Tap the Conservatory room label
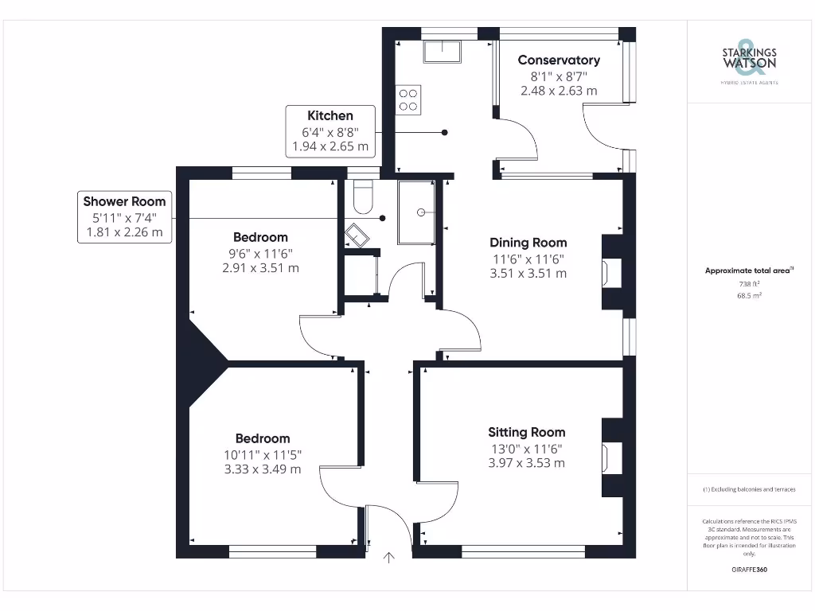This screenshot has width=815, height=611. click(559, 60)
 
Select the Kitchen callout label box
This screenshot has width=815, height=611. click(330, 131)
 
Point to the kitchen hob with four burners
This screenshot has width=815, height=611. click(408, 99)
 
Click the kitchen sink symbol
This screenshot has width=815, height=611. click(443, 51)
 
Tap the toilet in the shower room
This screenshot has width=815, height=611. click(362, 198)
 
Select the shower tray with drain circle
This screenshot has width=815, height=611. click(416, 212)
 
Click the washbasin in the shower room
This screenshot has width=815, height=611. click(356, 235)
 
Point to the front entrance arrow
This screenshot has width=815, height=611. click(389, 558)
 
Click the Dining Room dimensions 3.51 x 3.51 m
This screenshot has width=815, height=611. click(528, 274)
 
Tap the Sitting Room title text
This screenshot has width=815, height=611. click(527, 432)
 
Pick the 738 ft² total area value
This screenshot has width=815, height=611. click(748, 284)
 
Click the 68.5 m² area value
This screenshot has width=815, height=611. click(748, 295)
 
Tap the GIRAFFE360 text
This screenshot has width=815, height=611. click(748, 570)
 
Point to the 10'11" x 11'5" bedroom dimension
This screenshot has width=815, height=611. click(263, 454)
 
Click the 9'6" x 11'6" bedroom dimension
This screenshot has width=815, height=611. click(260, 253)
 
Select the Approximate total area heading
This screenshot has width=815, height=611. click(748, 270)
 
